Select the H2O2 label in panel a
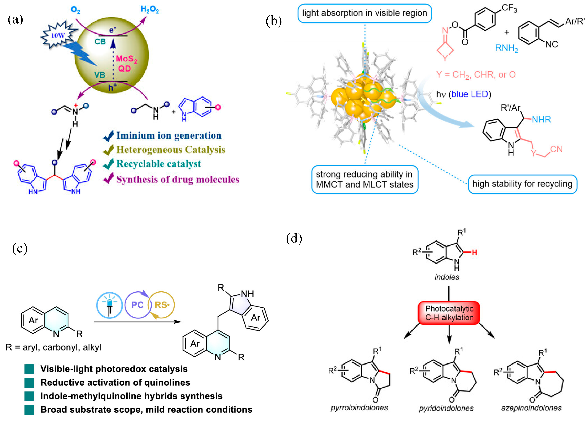(x=150, y=10)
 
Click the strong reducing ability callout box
(x=365, y=179)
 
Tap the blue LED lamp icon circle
(x=109, y=305)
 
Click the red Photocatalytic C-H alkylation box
(x=449, y=313)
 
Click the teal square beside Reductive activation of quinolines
(x=29, y=383)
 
